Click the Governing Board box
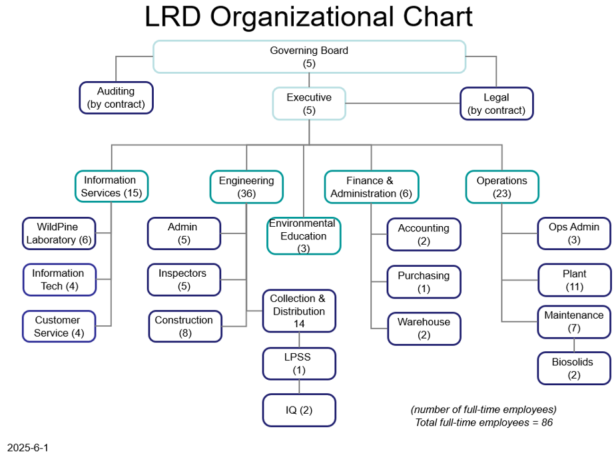pyautogui.click(x=309, y=57)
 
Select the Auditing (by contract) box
pyautogui.click(x=116, y=98)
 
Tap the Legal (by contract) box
pyautogui.click(x=497, y=104)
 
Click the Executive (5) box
pyautogui.click(x=309, y=104)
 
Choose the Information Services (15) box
pyautogui.click(x=112, y=186)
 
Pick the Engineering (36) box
pyautogui.click(x=246, y=187)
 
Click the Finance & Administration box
pyautogui.click(x=371, y=187)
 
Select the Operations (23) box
pyautogui.click(x=502, y=187)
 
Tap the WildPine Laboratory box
pyautogui.click(x=59, y=233)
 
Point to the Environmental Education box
pyautogui.click(x=304, y=235)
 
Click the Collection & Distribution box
pyautogui.click(x=299, y=311)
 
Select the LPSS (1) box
pyautogui.click(x=299, y=363)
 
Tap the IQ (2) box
pyautogui.click(x=299, y=410)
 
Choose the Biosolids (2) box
pyautogui.click(x=574, y=369)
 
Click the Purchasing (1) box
pyautogui.click(x=424, y=282)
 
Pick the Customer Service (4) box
pyautogui.click(x=59, y=326)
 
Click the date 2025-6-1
pyautogui.click(x=27, y=448)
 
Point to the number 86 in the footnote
pyautogui.click(x=547, y=422)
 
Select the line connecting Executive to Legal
pyautogui.click(x=403, y=104)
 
